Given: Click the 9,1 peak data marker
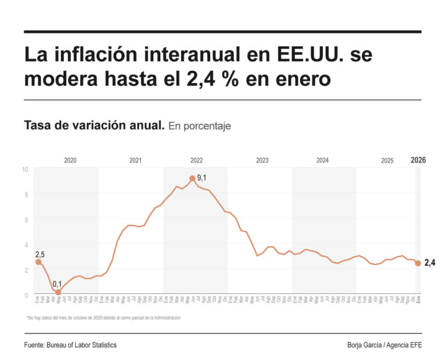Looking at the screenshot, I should pos(192,178).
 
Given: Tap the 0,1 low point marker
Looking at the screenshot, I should pos(57,293).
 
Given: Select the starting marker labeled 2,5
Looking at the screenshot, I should pos(38,262).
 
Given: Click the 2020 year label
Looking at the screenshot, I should pos(70,161).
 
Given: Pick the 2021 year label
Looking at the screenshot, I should pos(135,161).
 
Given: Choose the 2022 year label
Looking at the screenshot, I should pos(196,161).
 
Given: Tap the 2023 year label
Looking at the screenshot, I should pos(262,161).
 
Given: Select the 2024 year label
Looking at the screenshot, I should pos(323,161).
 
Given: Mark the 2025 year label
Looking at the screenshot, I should pos(387,161).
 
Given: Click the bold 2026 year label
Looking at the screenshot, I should pos(418,160).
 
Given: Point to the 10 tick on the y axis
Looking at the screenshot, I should pos(25,170).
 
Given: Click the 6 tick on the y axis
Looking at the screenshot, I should pos(26,219).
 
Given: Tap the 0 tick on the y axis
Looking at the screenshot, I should pos(26,295).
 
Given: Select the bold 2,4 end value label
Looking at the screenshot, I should pos(430,263).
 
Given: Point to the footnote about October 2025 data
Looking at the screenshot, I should pos(103,318).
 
